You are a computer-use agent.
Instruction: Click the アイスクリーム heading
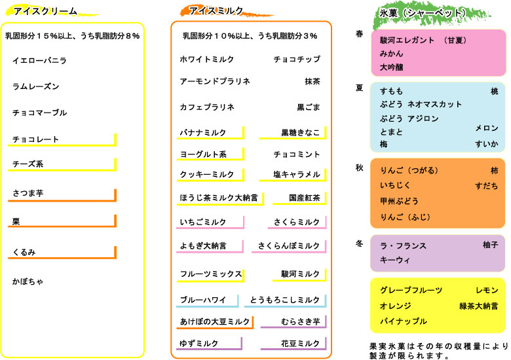point(45,11)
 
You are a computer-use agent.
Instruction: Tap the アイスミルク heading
point(216,11)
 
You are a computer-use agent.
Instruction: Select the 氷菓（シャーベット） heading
point(423,13)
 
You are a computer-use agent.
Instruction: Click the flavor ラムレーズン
point(36,86)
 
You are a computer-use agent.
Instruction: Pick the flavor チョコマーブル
point(40,113)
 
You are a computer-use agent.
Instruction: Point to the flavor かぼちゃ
point(28,281)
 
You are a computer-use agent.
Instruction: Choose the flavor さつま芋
point(28,193)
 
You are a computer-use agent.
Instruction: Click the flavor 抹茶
point(312,81)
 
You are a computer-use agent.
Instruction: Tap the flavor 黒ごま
point(309,107)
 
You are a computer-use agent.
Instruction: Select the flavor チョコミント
point(297,154)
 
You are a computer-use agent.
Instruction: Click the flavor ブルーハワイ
point(202,300)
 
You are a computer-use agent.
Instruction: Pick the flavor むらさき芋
point(301,321)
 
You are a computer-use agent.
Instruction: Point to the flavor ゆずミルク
point(199,344)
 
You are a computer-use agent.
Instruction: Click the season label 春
point(359,34)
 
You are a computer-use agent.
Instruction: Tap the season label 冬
point(359,243)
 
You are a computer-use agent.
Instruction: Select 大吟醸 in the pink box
point(392,67)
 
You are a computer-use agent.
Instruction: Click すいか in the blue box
point(487,144)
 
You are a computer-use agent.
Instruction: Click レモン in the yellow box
point(487,290)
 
